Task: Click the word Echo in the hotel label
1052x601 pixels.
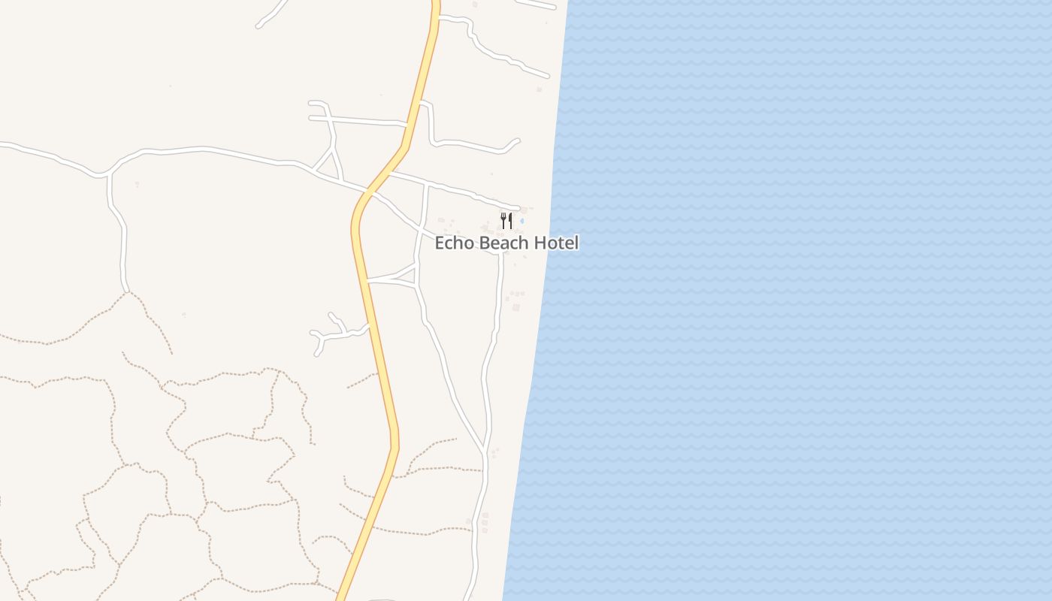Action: (x=454, y=243)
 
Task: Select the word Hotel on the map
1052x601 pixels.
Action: (x=556, y=243)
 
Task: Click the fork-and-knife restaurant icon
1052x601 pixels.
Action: (x=506, y=221)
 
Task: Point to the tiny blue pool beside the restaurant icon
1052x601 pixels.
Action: (x=521, y=221)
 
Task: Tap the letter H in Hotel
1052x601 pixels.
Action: (x=540, y=243)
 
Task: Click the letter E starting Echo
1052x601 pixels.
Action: (x=440, y=243)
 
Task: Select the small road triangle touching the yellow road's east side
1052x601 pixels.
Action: (x=406, y=273)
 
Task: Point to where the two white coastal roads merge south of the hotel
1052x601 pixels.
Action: (x=485, y=452)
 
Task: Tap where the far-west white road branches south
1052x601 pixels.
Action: (x=110, y=176)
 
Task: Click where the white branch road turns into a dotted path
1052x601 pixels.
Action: (x=126, y=291)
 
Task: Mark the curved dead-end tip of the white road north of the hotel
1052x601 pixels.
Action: (x=518, y=140)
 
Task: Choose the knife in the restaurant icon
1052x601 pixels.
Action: (x=510, y=221)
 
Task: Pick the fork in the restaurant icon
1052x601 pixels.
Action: (x=503, y=221)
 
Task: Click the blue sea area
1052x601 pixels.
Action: (x=789, y=300)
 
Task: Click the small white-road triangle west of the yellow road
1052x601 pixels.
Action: (x=328, y=162)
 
